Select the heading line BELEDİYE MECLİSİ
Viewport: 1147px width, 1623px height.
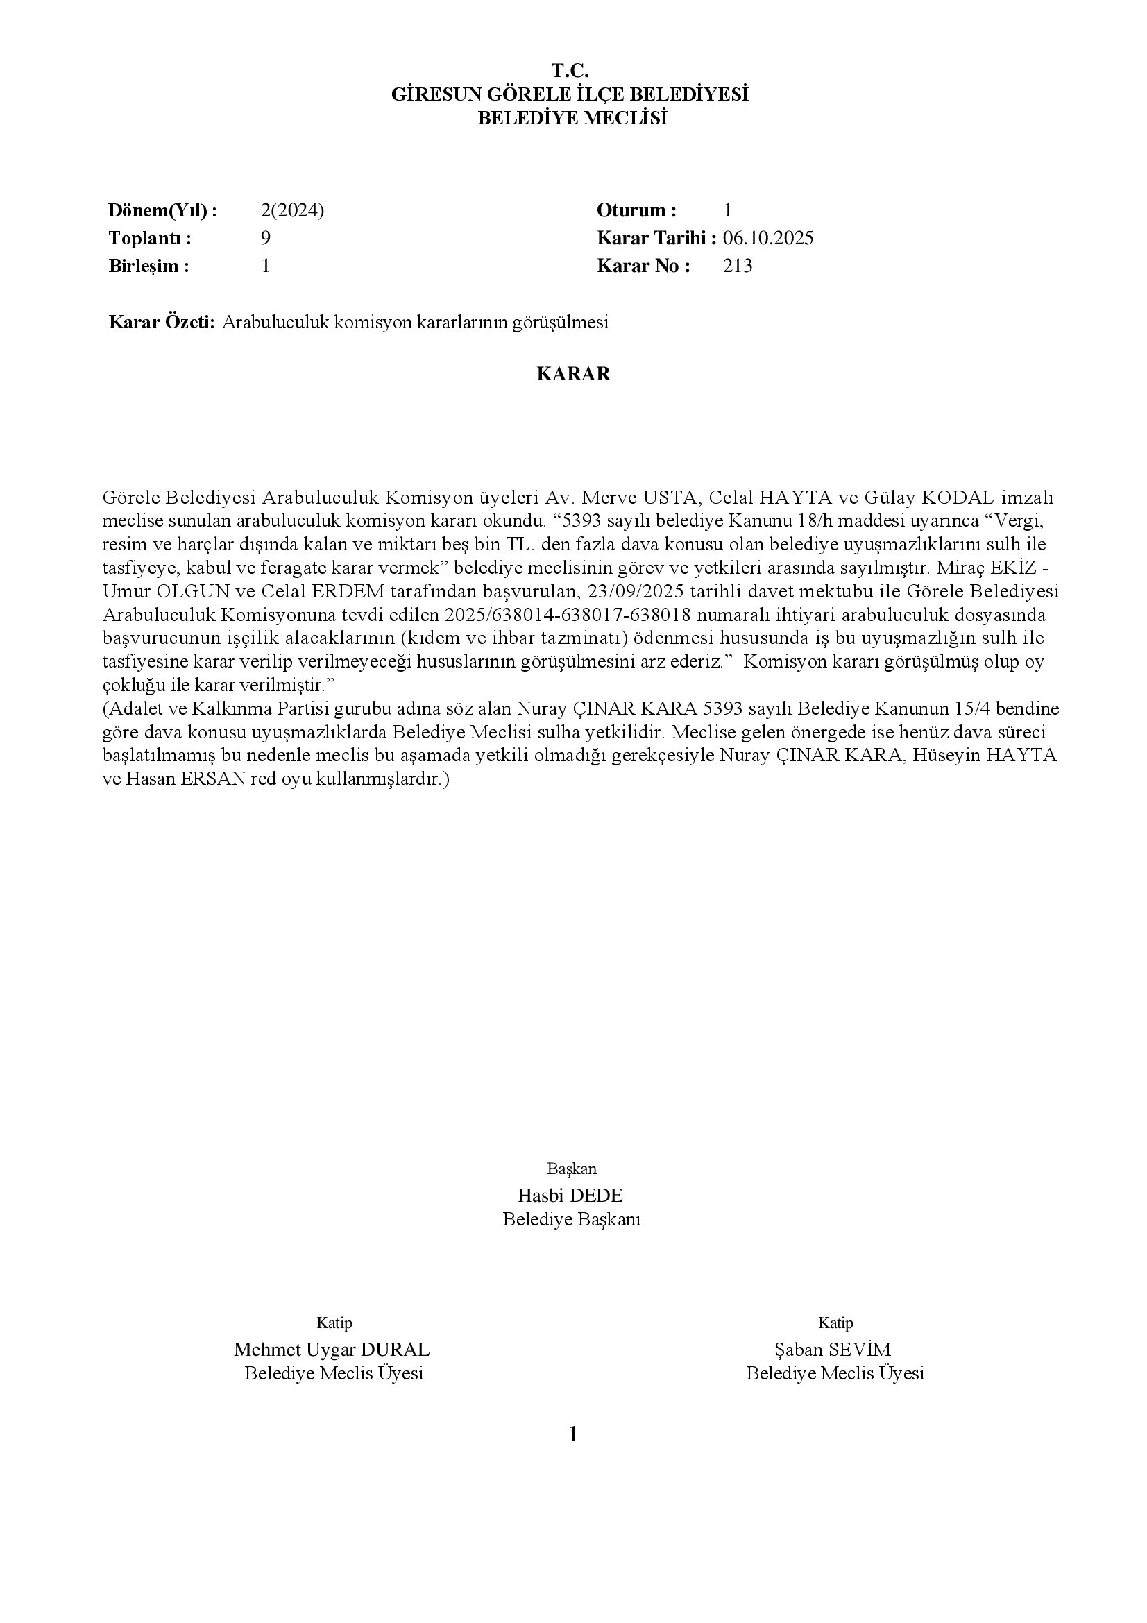coord(572,118)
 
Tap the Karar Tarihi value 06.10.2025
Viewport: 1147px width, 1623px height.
coord(767,238)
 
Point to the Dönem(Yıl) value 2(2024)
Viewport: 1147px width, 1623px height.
coord(292,210)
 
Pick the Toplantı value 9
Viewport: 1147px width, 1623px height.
coord(265,238)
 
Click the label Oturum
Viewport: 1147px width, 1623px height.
coord(636,210)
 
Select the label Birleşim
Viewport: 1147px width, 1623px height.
coord(148,266)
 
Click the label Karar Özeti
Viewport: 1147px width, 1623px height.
coord(161,323)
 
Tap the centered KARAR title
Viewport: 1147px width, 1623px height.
coord(573,374)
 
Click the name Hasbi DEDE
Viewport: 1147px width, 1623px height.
coord(570,1196)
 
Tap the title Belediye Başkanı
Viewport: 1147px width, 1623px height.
coord(571,1219)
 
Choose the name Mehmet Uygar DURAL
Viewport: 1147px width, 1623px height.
coord(332,1350)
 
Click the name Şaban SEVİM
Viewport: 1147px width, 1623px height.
coord(833,1350)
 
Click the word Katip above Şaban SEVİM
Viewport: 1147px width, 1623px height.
coord(835,1323)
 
